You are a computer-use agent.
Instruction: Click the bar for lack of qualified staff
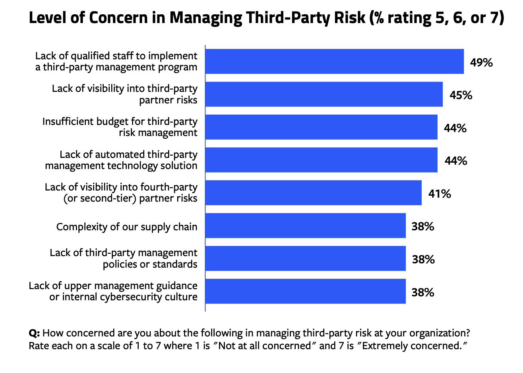coord(334,62)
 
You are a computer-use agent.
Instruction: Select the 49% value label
coord(481,62)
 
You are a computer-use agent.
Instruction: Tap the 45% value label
coord(461,95)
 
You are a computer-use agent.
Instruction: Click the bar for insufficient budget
coord(321,127)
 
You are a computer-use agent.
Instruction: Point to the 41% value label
coord(439,194)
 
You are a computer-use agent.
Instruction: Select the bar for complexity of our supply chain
coord(305,226)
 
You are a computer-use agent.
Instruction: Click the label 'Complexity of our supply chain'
coord(127,227)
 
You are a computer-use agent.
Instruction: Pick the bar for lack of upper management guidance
coord(305,291)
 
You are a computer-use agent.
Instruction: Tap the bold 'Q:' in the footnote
coord(34,333)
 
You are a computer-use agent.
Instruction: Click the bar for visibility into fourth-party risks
coord(313,193)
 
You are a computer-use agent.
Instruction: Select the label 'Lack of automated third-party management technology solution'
coord(121,160)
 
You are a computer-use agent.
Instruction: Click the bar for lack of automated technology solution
coord(321,160)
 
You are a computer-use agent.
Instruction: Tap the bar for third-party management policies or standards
coord(305,258)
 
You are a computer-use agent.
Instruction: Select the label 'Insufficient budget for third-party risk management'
coord(120,127)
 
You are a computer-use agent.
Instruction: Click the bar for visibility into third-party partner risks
coord(324,94)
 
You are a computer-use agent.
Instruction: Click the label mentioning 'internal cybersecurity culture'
coord(123,297)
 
